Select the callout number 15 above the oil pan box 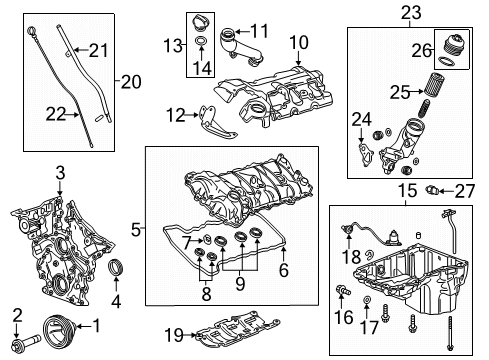click(x=404, y=189)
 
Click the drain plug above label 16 click(x=343, y=289)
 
